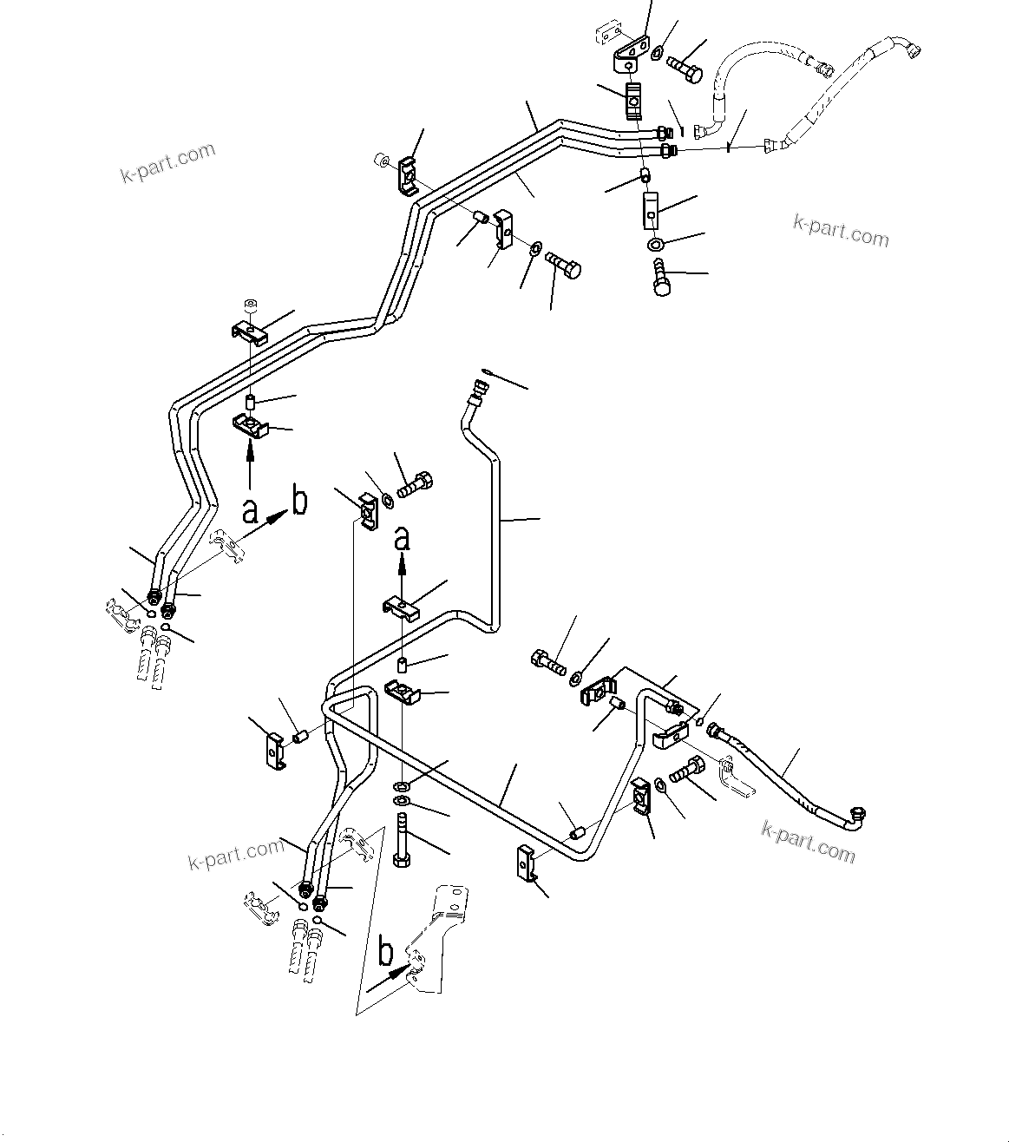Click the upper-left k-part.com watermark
(168, 161)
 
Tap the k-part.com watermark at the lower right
(808, 842)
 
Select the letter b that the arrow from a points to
(300, 501)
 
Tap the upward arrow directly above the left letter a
(250, 465)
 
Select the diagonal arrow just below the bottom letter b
(388, 979)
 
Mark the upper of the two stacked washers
(402, 785)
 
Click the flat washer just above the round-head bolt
(655, 245)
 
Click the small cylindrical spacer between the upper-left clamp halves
(250, 403)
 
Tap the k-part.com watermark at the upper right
(841, 231)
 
